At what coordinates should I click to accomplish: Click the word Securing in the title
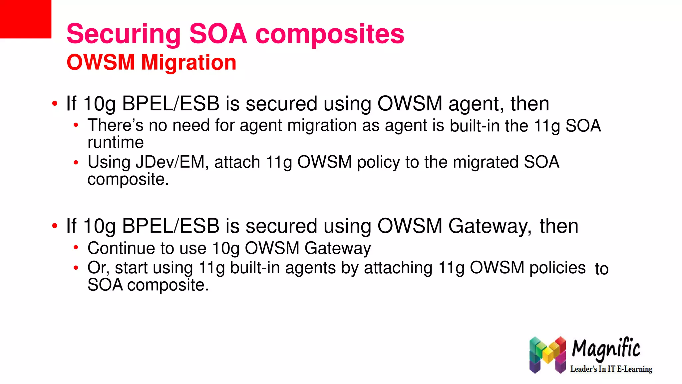click(x=124, y=34)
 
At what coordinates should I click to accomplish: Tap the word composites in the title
click(x=330, y=34)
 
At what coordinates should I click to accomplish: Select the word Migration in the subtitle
click(x=188, y=62)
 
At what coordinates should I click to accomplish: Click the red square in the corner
click(x=25, y=19)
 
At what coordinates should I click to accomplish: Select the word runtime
click(x=116, y=143)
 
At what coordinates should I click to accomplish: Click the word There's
click(x=115, y=125)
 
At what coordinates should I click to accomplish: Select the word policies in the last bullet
click(x=557, y=268)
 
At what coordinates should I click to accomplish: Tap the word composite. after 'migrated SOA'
click(x=128, y=179)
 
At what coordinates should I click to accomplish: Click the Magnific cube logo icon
click(x=547, y=355)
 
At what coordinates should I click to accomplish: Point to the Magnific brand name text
click(x=606, y=349)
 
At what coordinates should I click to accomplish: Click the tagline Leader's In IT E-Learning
click(x=611, y=369)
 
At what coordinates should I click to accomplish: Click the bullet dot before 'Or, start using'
click(x=76, y=268)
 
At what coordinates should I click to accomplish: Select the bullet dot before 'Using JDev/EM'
click(x=76, y=163)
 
